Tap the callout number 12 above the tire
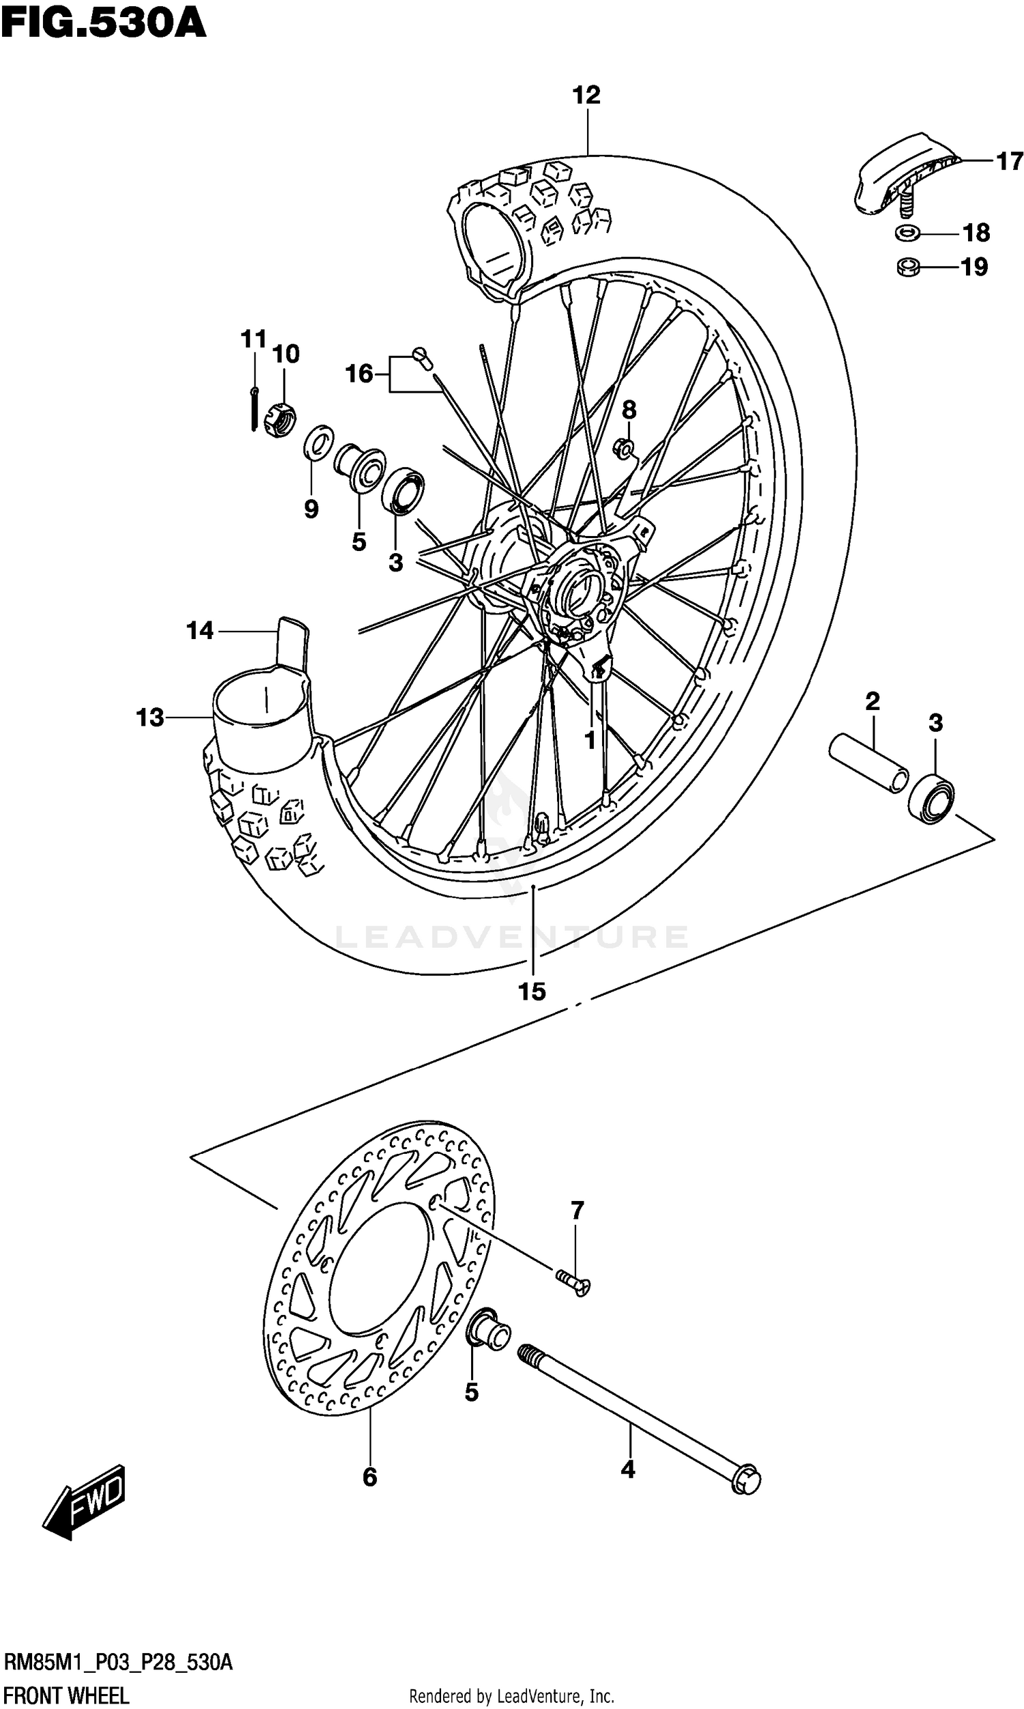coord(586,94)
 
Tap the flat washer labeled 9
coord(318,442)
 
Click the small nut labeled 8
coord(625,449)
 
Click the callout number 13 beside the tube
coord(150,718)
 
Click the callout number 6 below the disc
coord(370,1477)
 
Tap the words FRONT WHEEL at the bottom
coord(67,1695)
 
